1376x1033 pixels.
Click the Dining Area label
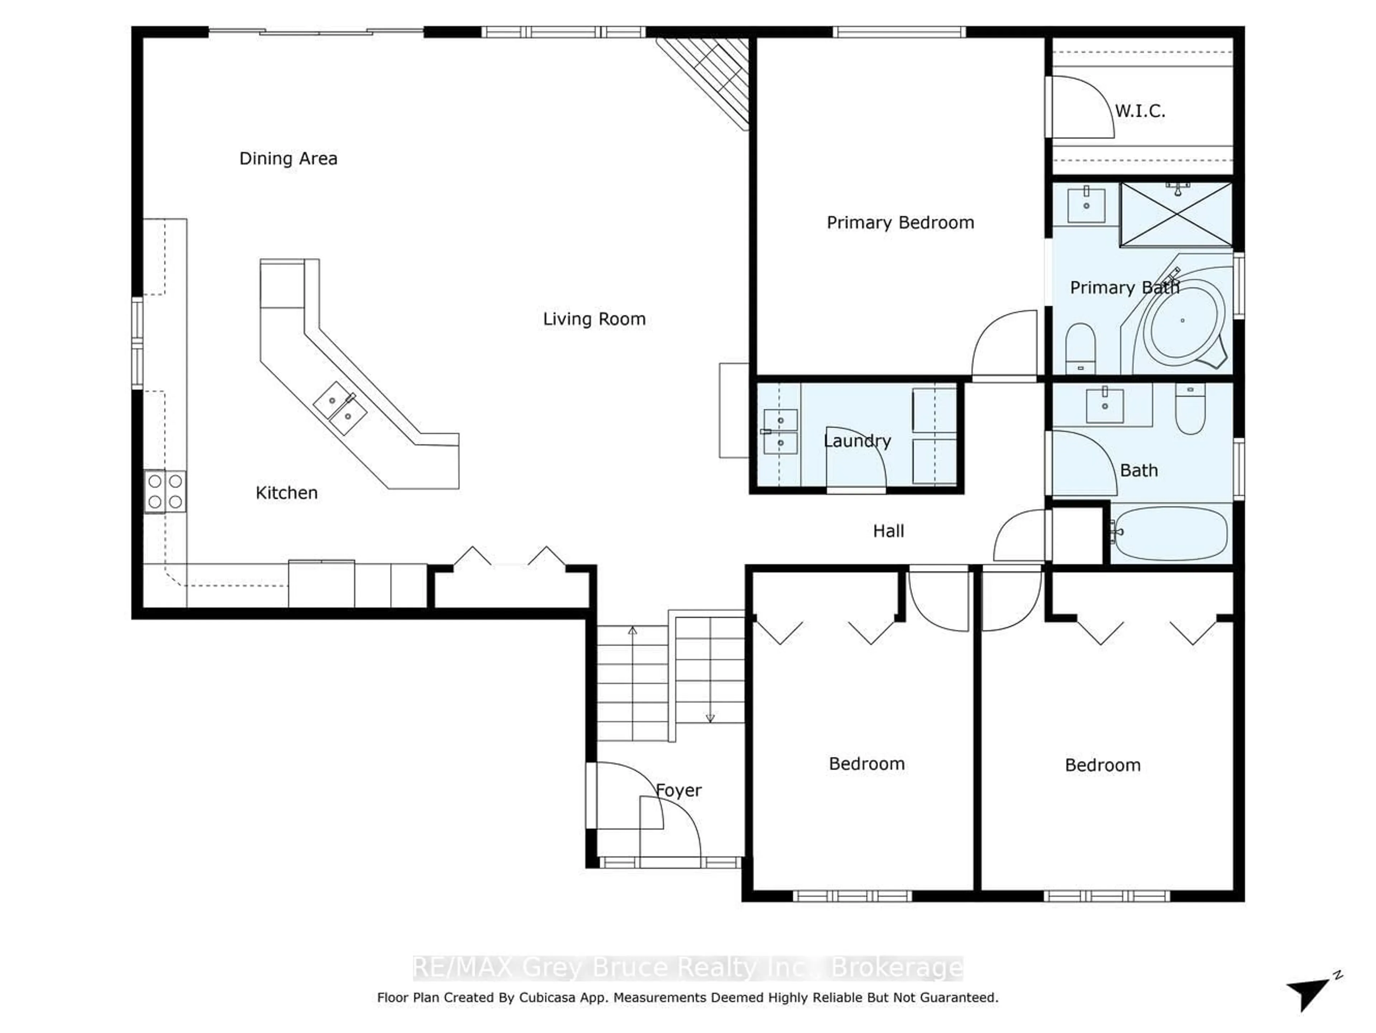coord(288,159)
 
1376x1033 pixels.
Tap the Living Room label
coord(594,319)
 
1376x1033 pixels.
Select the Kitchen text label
coord(286,493)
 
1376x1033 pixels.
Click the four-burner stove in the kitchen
coord(165,491)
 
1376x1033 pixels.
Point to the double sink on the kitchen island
coord(340,408)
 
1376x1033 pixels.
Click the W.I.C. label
coord(1139,112)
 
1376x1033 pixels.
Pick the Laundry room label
coord(857,441)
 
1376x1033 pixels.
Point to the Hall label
coord(888,531)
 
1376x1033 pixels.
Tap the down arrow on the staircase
coord(710,717)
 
